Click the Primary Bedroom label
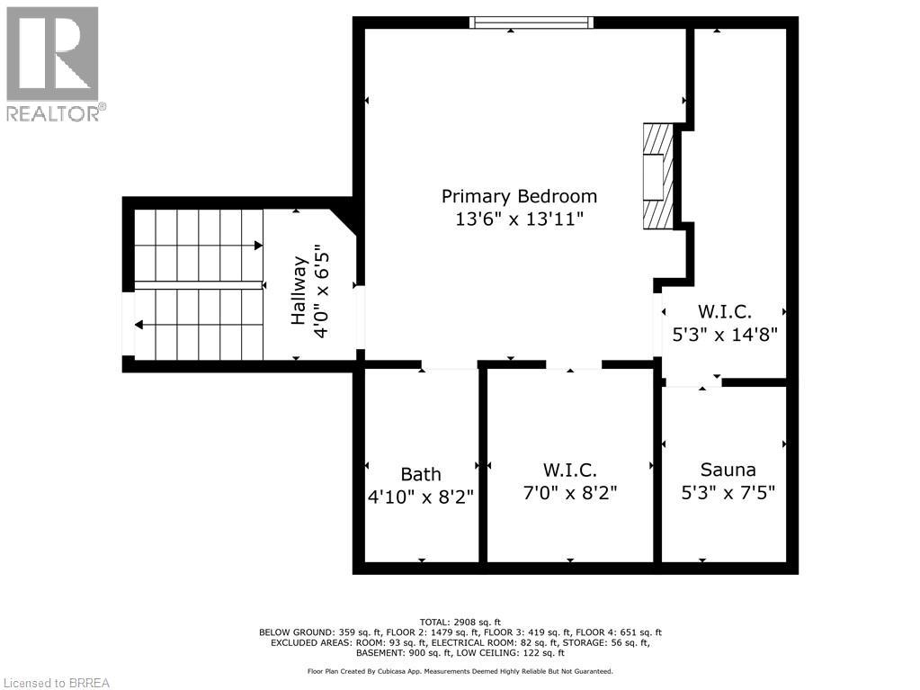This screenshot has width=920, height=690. click(x=519, y=196)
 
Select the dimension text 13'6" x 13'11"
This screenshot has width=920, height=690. click(x=519, y=220)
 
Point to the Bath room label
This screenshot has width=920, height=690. click(x=421, y=474)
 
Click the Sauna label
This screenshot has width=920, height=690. click(x=728, y=470)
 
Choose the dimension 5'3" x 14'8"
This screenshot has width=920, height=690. click(x=725, y=333)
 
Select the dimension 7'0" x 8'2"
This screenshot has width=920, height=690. click(x=569, y=494)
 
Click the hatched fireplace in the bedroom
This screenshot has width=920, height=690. click(x=657, y=175)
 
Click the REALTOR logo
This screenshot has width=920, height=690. click(x=53, y=63)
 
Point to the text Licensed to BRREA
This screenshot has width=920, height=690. click(x=56, y=682)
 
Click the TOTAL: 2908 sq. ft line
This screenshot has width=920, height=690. click(x=460, y=622)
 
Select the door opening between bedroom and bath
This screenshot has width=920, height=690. click(x=450, y=364)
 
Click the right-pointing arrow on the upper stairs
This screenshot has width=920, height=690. click(x=258, y=245)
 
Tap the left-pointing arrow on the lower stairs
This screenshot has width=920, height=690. click(x=138, y=324)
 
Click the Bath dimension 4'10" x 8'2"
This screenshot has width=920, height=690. click(x=421, y=496)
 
